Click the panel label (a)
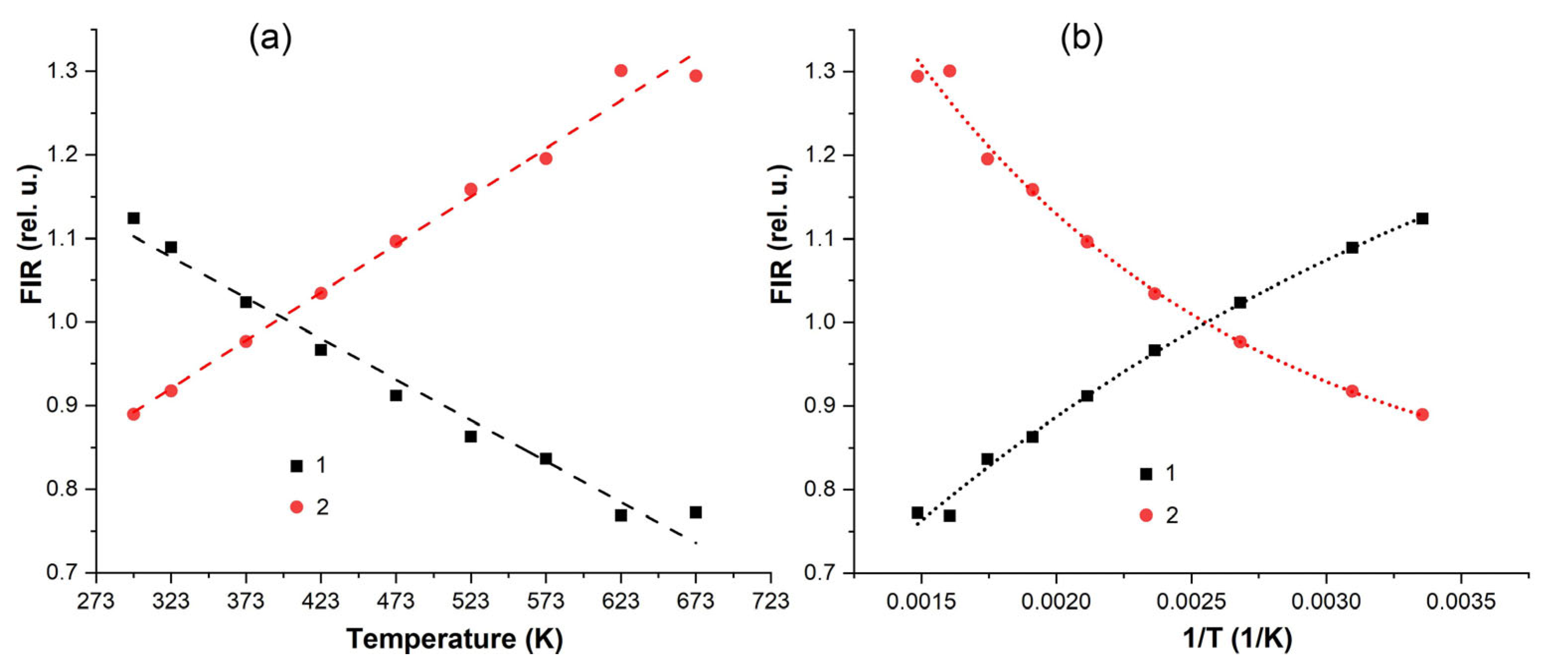pos(270,40)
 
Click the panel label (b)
pos(1081,40)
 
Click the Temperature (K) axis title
pos(455,639)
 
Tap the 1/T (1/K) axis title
pos(1237,639)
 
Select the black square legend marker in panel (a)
pos(297,466)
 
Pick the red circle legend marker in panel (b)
pos(1146,515)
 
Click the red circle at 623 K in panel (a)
pos(621,71)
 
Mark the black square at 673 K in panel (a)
pos(696,512)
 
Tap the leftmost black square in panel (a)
pos(133,218)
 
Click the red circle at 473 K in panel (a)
pos(396,241)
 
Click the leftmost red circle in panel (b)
pos(917,76)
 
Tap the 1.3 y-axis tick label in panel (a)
pos(63,71)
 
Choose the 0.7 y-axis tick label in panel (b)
pos(820,573)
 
